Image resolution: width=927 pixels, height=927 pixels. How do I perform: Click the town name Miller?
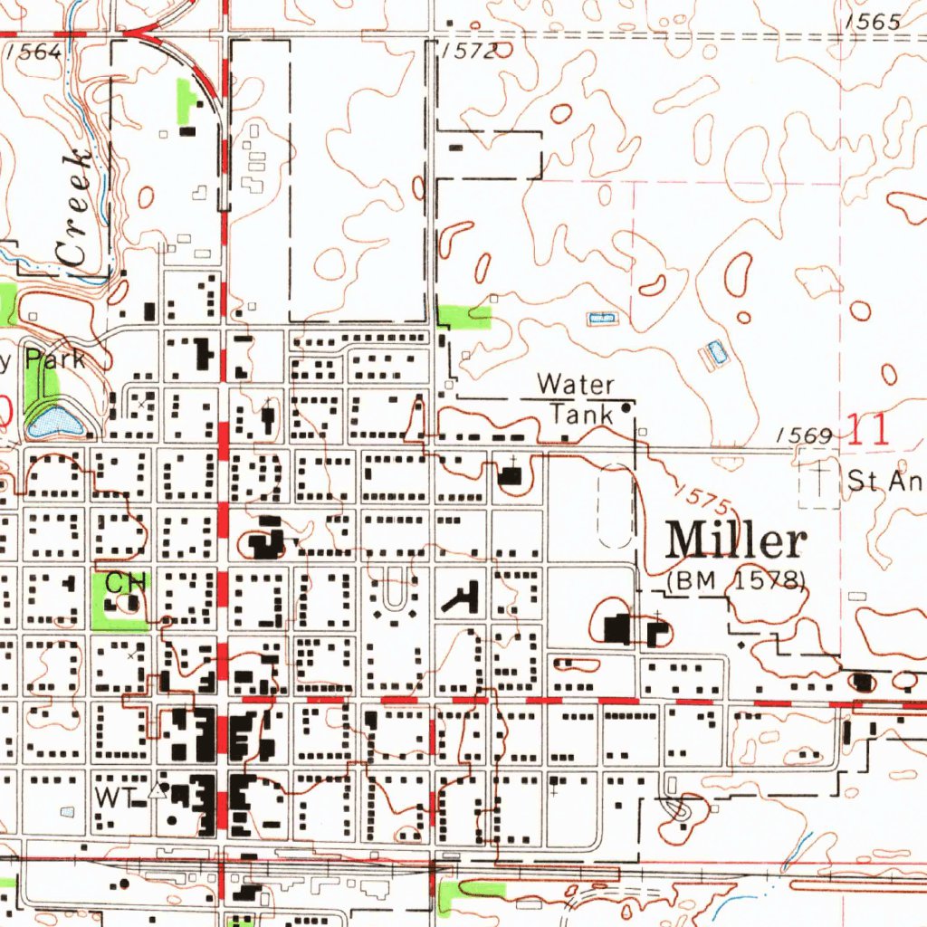point(736,541)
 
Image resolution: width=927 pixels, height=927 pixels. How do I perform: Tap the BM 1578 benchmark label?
point(736,579)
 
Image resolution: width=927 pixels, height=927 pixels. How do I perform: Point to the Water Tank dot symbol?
point(626,409)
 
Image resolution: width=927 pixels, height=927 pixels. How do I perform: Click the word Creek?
point(73,207)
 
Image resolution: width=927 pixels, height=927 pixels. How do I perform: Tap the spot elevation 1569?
point(804,436)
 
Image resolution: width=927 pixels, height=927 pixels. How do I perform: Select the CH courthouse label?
point(126,581)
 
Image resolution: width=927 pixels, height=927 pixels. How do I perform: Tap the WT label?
point(116,797)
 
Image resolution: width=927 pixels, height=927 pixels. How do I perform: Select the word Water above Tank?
point(575,385)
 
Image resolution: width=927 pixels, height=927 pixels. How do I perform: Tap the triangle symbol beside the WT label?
point(158,790)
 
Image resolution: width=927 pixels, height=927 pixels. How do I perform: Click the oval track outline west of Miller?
point(615,506)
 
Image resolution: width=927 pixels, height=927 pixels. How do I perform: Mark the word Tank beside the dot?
point(581,414)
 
